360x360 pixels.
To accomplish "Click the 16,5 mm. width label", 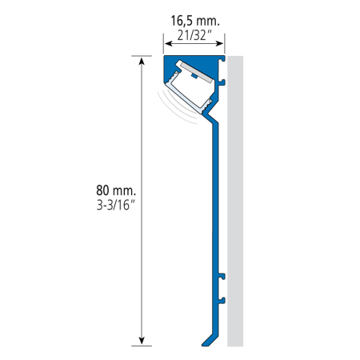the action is [195, 21].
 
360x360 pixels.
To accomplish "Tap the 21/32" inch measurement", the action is [194, 35].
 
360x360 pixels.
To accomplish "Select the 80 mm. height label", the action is [116, 190].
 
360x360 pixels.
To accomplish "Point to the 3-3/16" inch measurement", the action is [116, 205].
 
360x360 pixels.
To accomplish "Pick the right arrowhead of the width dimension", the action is [219, 43].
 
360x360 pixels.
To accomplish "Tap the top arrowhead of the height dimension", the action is [142, 61].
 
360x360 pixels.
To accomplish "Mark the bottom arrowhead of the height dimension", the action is [142, 341].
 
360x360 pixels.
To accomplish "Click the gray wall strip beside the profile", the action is [235, 201].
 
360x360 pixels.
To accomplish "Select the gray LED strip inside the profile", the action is [195, 72].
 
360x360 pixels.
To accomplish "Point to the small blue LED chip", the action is [194, 77].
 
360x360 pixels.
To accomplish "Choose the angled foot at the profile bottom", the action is [210, 340].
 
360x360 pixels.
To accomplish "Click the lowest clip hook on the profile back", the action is [222, 301].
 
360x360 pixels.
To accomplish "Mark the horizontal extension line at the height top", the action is [142, 56].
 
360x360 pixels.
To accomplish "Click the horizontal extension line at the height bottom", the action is [142, 346].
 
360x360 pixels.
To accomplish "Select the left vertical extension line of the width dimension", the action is [163, 43].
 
